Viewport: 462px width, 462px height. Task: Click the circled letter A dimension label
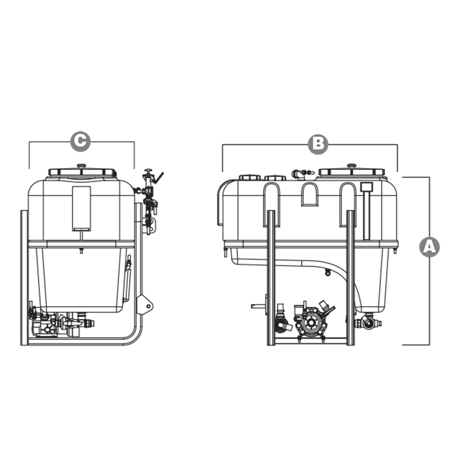(429, 246)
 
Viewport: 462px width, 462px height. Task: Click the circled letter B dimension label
(317, 144)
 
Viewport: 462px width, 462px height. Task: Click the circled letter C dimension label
(80, 141)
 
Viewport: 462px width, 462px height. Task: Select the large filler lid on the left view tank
(82, 172)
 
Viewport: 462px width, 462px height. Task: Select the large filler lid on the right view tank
(351, 172)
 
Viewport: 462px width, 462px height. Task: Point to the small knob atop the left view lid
(81, 166)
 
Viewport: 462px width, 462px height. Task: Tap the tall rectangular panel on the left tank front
(81, 208)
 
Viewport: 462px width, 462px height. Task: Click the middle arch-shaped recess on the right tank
(309, 194)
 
